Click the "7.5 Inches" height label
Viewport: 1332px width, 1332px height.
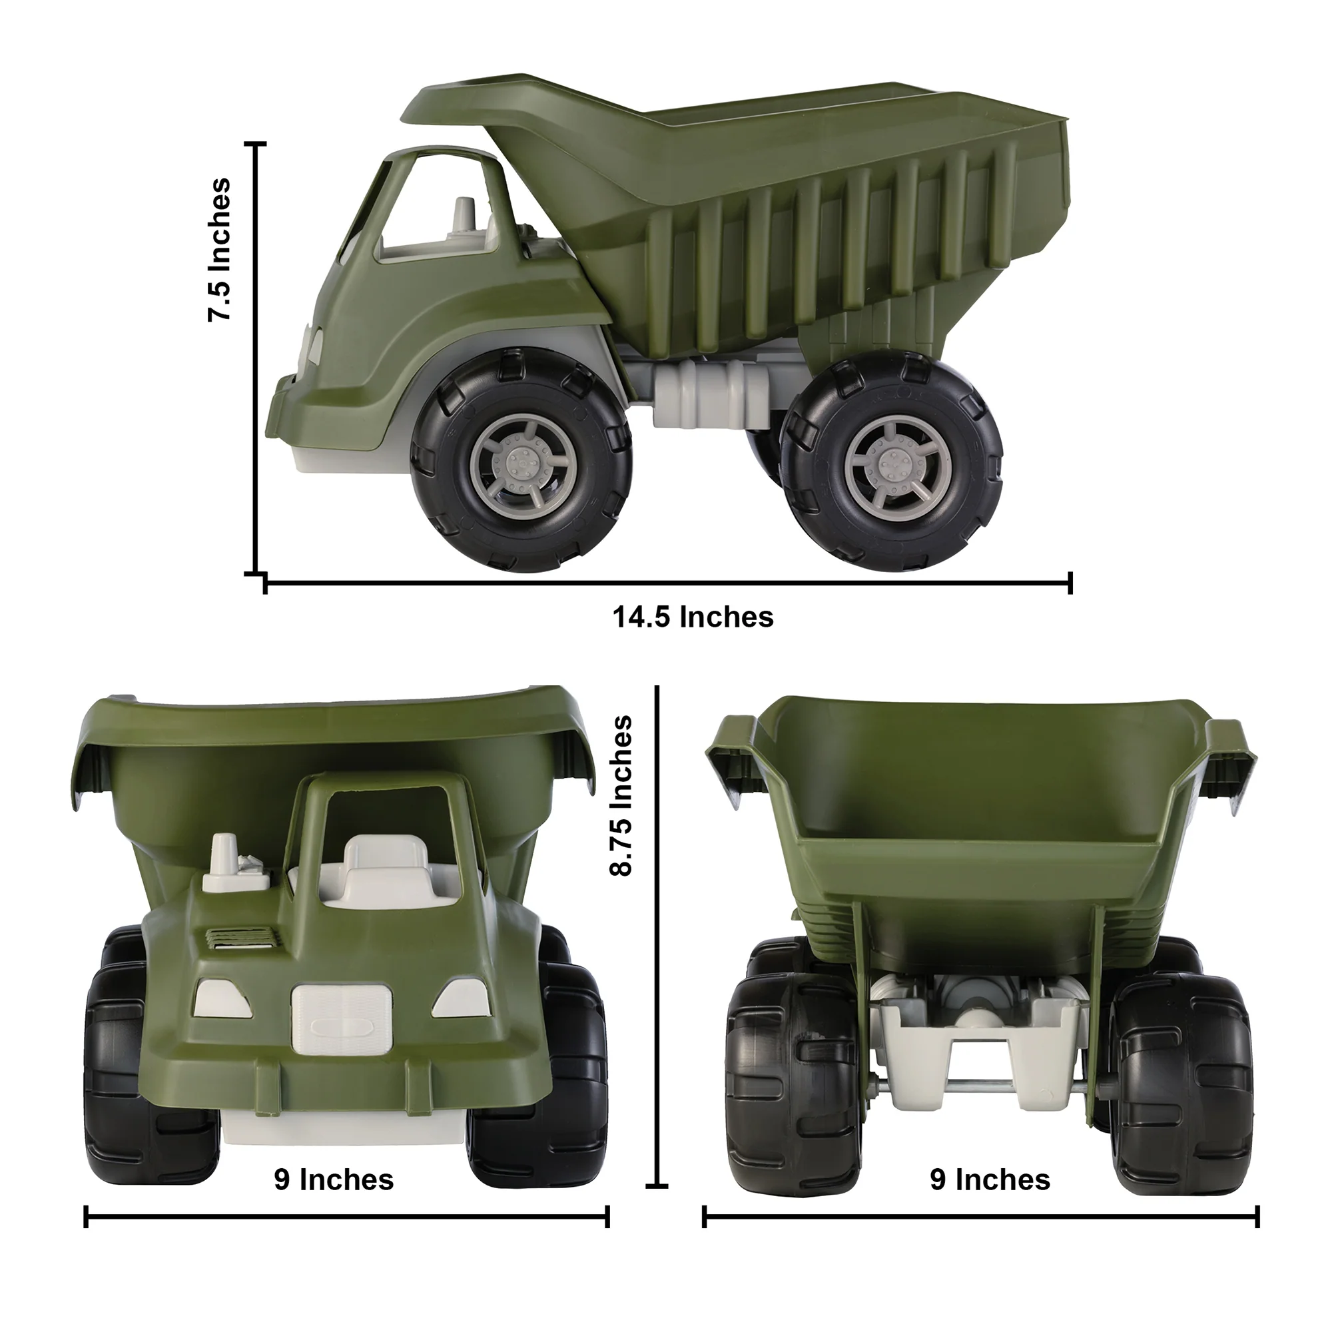219,250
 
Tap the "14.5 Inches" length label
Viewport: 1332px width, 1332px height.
693,617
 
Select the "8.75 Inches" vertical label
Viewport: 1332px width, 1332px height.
621,796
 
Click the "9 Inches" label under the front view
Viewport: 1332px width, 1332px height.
334,1179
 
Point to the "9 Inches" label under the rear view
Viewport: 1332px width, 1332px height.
990,1179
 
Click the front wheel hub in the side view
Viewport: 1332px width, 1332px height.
522,460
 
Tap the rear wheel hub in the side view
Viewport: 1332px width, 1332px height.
894,458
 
